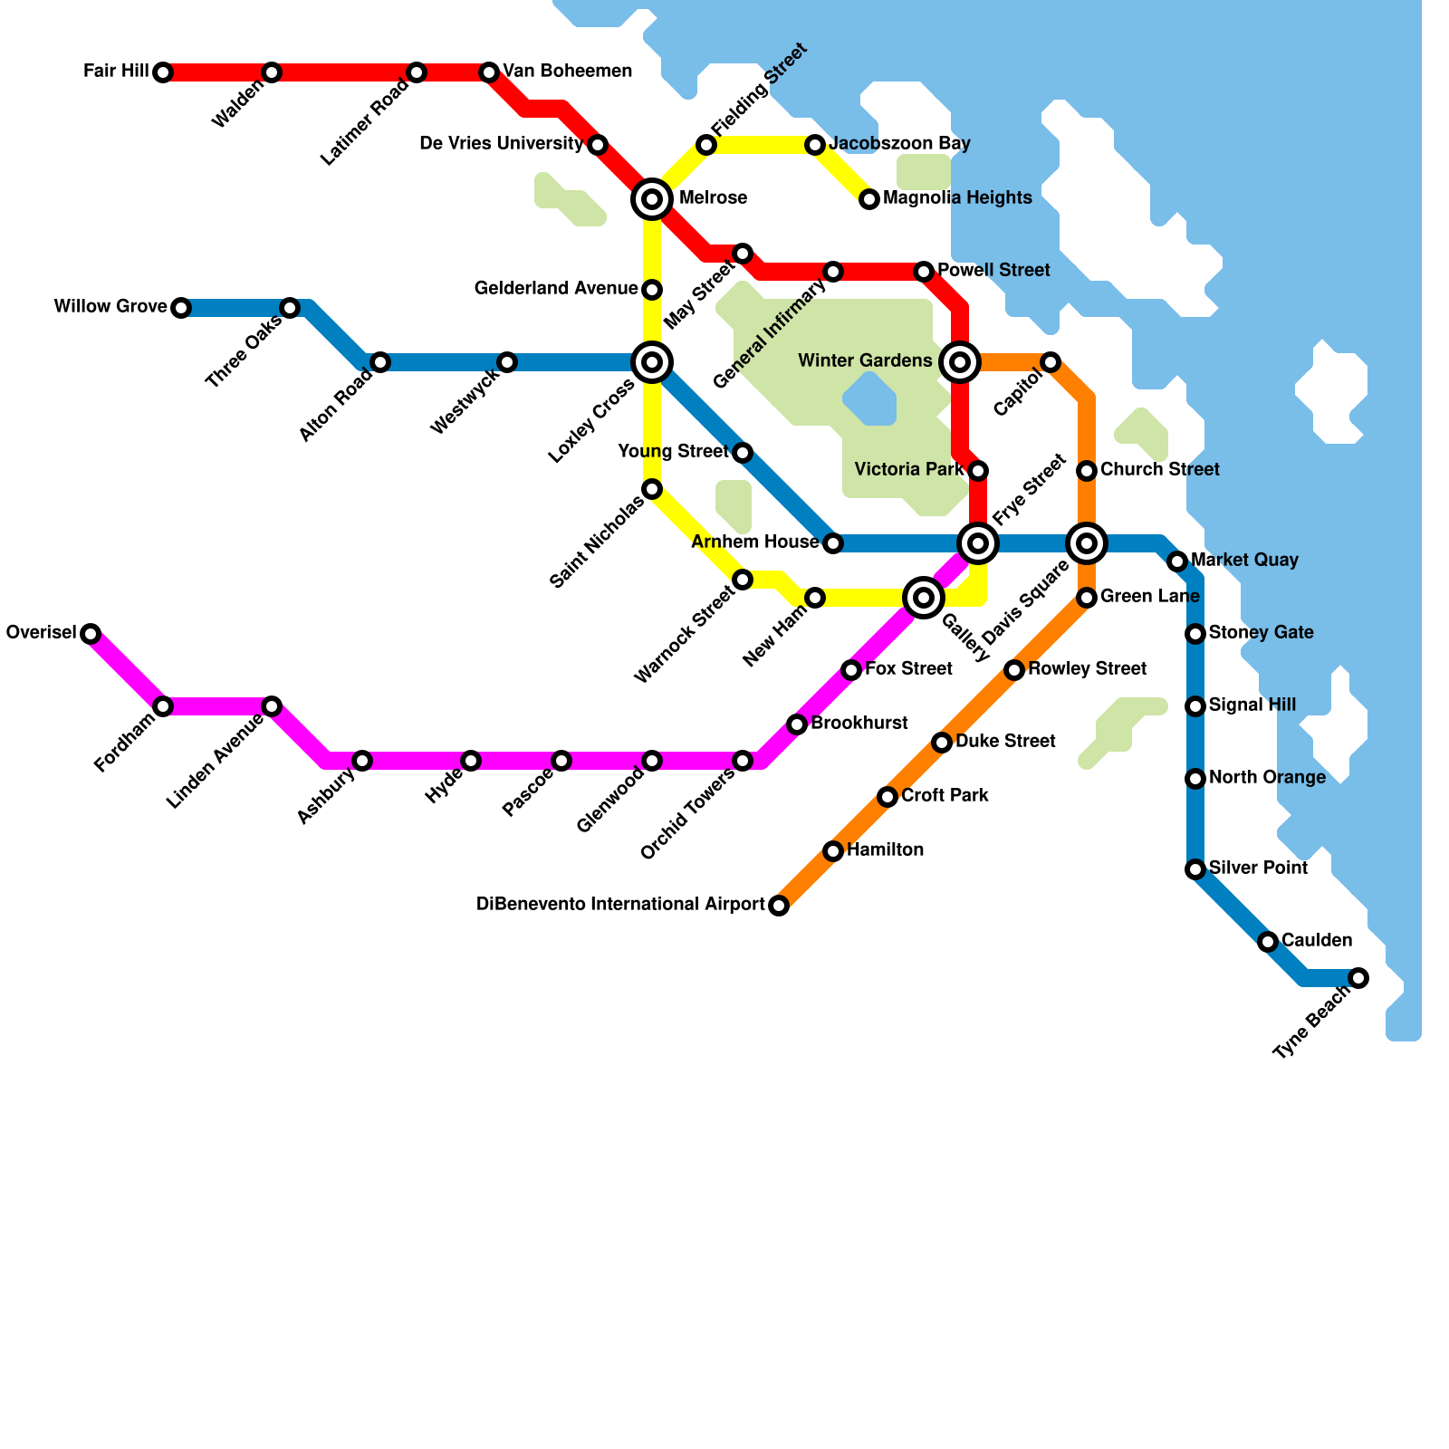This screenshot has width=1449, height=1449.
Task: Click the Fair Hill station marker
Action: click(x=163, y=72)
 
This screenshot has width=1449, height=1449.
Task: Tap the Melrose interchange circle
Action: click(x=652, y=199)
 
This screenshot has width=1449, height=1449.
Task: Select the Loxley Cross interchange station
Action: click(x=652, y=362)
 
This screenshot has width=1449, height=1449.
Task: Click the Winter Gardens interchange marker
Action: click(x=960, y=362)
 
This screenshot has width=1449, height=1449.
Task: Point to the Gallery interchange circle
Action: click(x=924, y=598)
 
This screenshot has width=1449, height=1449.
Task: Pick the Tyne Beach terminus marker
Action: click(x=1358, y=978)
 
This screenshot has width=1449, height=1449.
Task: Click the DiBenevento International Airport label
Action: click(x=620, y=905)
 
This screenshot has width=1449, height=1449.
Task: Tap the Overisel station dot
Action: click(x=91, y=634)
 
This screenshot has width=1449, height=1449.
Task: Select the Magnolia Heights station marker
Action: click(x=869, y=199)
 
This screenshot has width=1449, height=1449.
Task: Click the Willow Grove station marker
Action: click(x=181, y=308)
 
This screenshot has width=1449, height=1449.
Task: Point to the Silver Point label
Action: click(x=1258, y=868)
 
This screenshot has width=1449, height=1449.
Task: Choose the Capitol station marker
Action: click(x=1051, y=362)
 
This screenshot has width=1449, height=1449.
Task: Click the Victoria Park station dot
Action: click(x=978, y=471)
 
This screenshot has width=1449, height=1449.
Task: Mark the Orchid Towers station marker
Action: click(x=743, y=761)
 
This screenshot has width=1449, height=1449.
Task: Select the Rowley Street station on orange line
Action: click(x=1014, y=670)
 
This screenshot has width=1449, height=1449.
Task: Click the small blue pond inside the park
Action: click(x=870, y=399)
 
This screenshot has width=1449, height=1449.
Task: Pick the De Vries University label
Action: click(x=502, y=144)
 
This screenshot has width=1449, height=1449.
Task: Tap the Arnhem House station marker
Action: click(x=833, y=543)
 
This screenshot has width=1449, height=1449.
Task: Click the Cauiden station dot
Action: click(x=1268, y=942)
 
